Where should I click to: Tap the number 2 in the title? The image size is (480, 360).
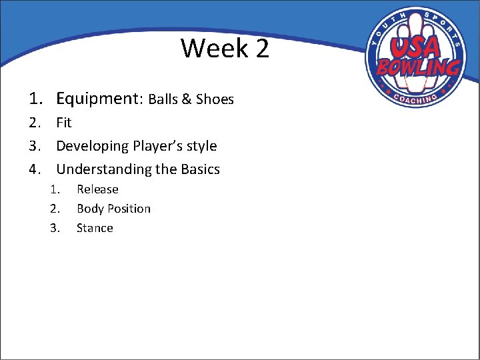[x=261, y=49]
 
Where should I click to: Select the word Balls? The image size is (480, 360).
[x=162, y=100]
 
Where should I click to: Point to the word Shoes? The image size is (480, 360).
[x=215, y=100]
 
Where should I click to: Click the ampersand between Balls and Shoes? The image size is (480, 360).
[x=186, y=100]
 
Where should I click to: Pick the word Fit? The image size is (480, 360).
[x=64, y=123]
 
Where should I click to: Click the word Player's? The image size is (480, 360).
[x=158, y=146]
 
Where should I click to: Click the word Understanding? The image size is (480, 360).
[x=103, y=169]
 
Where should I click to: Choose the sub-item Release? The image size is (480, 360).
[x=97, y=189]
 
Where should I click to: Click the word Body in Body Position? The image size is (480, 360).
[x=89, y=209]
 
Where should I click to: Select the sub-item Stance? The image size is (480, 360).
[x=95, y=228]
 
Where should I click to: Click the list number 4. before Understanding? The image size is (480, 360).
[x=36, y=169]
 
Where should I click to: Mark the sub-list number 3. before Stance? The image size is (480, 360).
[x=55, y=228]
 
